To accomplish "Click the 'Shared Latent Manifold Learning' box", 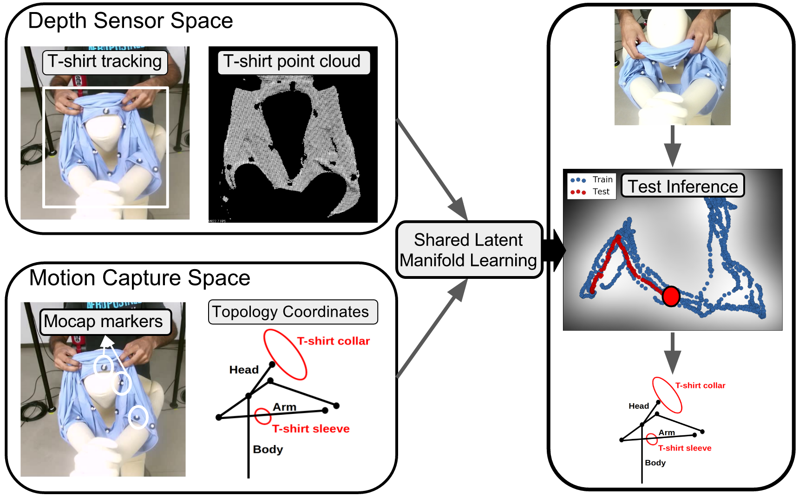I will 469,250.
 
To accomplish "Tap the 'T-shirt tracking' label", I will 105,62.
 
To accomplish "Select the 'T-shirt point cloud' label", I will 292,62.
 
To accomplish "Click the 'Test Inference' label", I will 682,186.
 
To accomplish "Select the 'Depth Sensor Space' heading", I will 130,21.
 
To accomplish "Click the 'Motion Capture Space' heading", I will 139,278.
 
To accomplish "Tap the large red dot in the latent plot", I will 671,296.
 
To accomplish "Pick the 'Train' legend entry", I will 602,180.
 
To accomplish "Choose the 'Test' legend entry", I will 601,192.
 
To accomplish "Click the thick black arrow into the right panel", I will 554,250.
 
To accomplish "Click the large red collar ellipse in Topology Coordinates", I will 285,354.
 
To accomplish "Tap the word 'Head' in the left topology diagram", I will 244,370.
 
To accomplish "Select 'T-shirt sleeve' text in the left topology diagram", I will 311,429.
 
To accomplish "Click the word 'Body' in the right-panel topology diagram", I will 655,463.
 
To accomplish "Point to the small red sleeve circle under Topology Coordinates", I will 263,416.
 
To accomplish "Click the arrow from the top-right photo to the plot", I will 672,146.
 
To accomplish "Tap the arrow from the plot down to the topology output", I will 672,353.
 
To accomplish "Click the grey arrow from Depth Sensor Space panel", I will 432,169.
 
